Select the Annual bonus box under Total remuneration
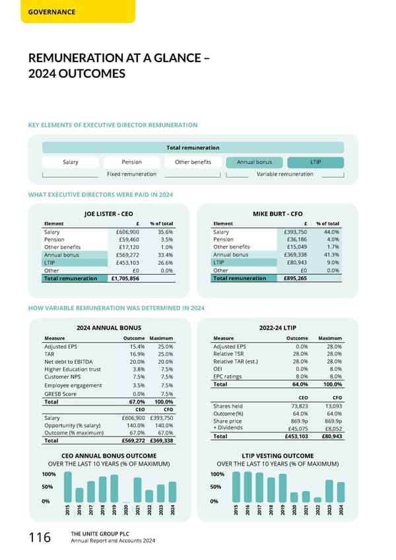(254, 162)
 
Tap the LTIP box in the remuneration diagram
(315, 162)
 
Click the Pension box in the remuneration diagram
(131, 162)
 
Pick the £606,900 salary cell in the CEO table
(127, 232)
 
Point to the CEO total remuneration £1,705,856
(125, 279)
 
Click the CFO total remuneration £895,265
(294, 279)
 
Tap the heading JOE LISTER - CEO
(109, 213)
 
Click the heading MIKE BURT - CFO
(278, 213)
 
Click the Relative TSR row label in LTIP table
(230, 354)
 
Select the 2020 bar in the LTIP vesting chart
(294, 497)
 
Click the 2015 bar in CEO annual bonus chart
(67, 487)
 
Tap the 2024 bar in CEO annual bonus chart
(172, 491)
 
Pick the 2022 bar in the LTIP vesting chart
(317, 499)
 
